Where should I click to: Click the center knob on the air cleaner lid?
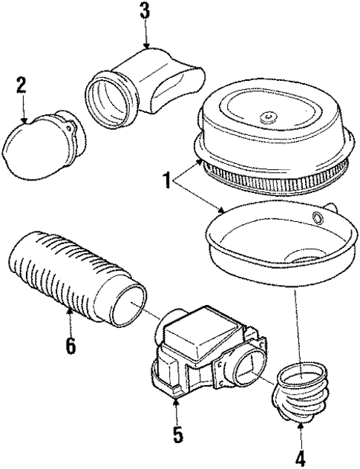[x=267, y=117]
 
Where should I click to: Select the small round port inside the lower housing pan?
[x=318, y=217]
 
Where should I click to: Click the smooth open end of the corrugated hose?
[x=128, y=305]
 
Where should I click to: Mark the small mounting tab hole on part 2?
[x=70, y=128]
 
